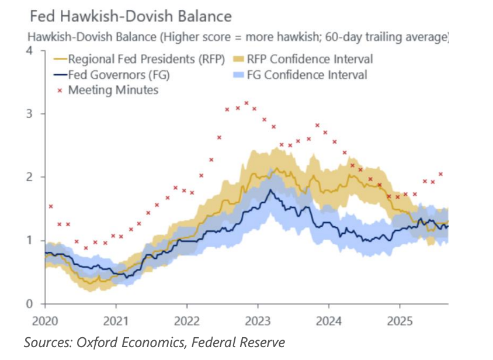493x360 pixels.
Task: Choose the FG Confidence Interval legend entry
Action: pyautogui.click(x=307, y=75)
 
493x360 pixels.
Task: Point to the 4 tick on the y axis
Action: pyautogui.click(x=29, y=51)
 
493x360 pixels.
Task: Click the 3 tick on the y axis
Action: pyautogui.click(x=29, y=113)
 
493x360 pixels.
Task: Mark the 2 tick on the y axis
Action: pyautogui.click(x=29, y=177)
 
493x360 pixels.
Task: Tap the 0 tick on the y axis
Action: pyautogui.click(x=29, y=304)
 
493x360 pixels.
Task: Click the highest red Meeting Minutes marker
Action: pyautogui.click(x=246, y=103)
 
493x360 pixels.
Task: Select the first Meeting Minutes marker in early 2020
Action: pyautogui.click(x=51, y=206)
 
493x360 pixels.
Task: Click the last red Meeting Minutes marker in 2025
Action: pyautogui.click(x=441, y=174)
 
